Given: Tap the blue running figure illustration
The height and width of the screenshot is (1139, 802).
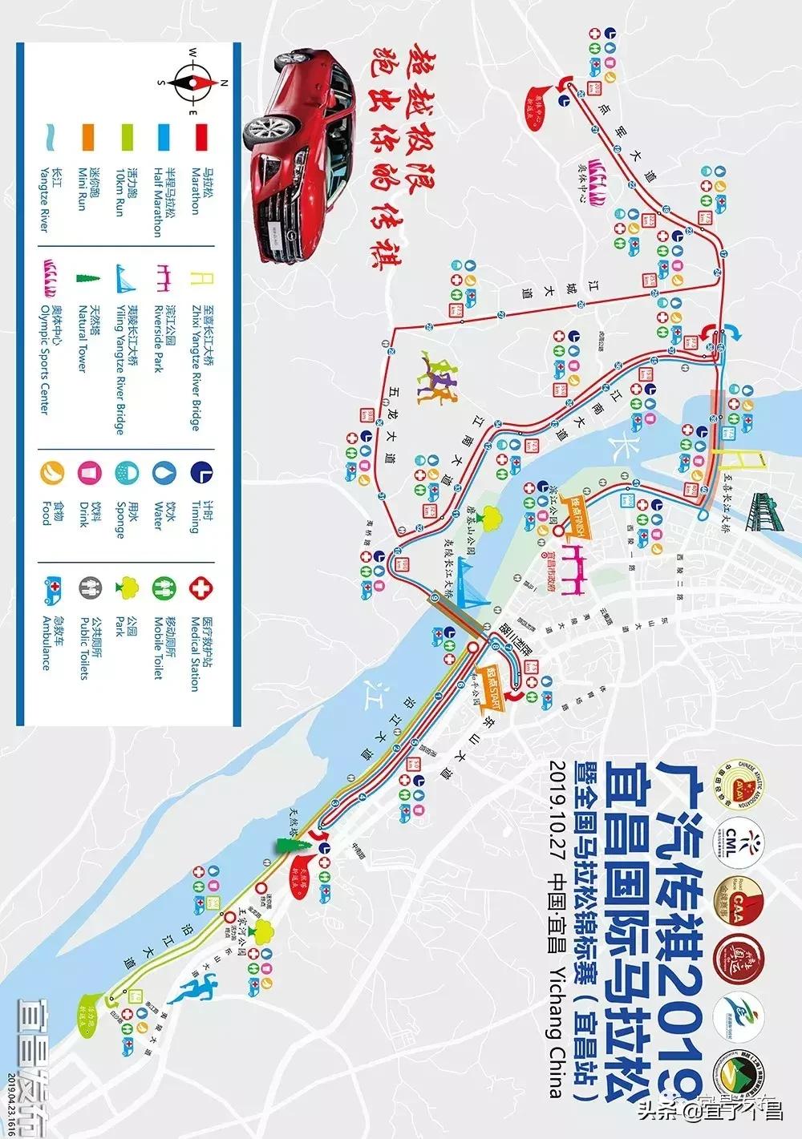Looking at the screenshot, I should click(x=196, y=991).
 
